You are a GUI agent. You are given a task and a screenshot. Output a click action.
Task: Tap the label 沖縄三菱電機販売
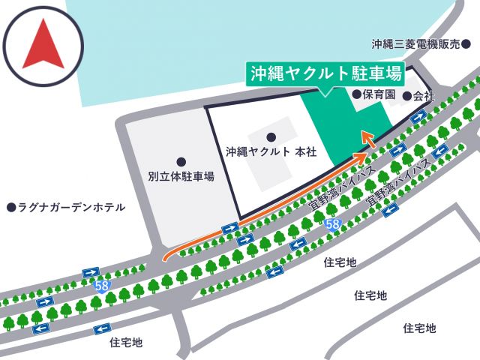point(414,44)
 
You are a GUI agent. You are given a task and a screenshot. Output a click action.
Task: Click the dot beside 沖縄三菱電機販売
point(465,44)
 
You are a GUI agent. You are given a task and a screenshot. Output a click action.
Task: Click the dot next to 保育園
point(356,95)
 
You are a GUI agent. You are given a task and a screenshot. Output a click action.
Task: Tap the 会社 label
point(424,96)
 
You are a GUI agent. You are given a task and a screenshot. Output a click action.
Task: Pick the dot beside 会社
point(407,96)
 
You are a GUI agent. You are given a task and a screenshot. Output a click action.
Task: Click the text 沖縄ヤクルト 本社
point(271,151)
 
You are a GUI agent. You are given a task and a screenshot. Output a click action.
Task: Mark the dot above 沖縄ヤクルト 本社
point(271,136)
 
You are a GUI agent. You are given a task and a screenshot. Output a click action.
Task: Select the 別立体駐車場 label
point(181,177)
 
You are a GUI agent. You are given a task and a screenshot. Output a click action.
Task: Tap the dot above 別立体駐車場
point(181,161)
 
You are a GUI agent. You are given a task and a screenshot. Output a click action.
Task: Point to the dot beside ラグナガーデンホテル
point(10,207)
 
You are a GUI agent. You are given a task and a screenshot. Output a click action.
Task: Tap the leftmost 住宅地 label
point(126,343)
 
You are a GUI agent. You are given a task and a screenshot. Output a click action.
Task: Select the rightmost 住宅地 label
point(419,328)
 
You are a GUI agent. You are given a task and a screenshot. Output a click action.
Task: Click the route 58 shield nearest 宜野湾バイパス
point(334,223)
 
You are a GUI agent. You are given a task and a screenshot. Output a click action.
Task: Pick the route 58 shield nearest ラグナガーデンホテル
point(101,286)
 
